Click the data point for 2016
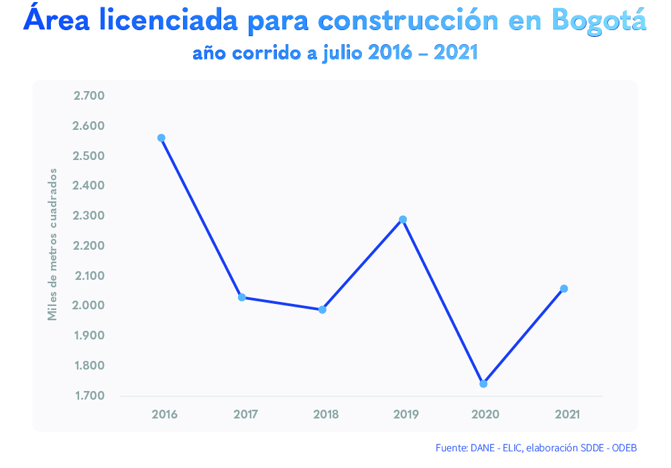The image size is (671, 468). click(161, 138)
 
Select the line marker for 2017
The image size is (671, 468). click(241, 297)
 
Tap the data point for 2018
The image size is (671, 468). click(322, 309)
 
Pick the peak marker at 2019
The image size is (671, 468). click(403, 220)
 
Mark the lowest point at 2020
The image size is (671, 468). click(483, 384)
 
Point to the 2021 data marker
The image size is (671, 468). click(564, 289)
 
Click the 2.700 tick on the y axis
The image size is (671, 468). click(89, 96)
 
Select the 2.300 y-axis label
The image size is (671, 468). click(89, 216)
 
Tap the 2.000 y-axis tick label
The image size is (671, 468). click(89, 305)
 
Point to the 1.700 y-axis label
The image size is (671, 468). click(89, 396)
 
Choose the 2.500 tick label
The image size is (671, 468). click(89, 156)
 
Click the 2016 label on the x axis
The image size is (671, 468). click(165, 414)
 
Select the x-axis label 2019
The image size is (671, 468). click(406, 414)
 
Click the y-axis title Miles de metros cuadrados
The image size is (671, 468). click(52, 244)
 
